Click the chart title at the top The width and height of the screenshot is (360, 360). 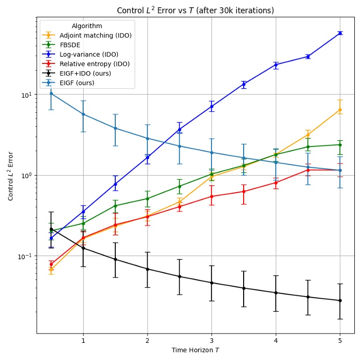coord(195,10)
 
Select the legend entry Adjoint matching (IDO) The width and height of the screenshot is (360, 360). coord(95,35)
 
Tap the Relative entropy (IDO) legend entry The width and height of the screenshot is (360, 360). coord(95,64)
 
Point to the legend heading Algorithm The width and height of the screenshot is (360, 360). coord(87,26)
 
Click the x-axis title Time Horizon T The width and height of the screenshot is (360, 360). coord(195,350)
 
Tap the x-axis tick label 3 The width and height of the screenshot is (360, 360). coord(211,340)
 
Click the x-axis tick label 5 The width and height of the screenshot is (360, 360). coord(340,340)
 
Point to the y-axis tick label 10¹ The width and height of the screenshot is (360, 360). coord(27,95)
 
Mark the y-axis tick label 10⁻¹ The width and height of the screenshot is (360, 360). coord(26,256)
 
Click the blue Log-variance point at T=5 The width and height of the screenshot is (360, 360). coord(340,33)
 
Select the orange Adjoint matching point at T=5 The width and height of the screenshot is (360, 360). coord(340,110)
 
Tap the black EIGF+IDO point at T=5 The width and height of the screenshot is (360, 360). coord(340,300)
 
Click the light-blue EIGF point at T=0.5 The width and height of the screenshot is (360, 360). coord(51,94)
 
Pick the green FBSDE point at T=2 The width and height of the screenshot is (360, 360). coord(148,198)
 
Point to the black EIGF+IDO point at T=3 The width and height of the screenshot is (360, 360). coord(211,283)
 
